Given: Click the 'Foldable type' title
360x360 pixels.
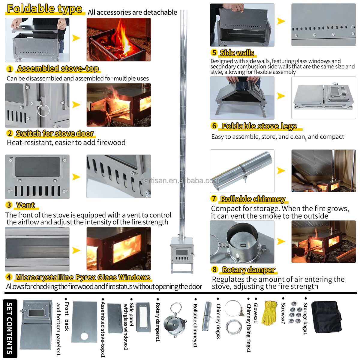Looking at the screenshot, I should click(x=44, y=9).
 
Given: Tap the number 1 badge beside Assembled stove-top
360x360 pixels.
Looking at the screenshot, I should click(x=10, y=69).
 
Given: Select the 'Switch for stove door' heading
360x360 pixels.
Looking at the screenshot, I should click(x=55, y=133).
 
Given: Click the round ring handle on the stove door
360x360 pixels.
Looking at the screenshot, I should click(x=43, y=110).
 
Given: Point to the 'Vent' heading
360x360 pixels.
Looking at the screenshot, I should click(x=25, y=205).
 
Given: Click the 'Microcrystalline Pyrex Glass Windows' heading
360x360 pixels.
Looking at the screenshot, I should click(x=83, y=277).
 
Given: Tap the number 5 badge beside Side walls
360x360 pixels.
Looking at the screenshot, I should click(x=214, y=53).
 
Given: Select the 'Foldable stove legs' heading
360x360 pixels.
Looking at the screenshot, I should click(x=259, y=126).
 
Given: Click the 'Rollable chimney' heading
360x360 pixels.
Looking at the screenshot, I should click(x=253, y=199).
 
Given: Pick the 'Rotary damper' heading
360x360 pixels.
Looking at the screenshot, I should click(x=248, y=270).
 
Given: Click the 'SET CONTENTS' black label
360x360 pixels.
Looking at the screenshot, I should click(x=10, y=328).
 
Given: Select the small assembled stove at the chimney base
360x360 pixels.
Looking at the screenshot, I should click(x=181, y=252).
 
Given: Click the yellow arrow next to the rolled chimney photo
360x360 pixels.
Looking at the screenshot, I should click(x=281, y=171).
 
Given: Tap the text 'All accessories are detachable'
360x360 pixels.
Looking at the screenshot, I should click(x=132, y=12).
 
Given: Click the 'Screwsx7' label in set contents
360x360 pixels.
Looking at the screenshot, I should click(x=283, y=313).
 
